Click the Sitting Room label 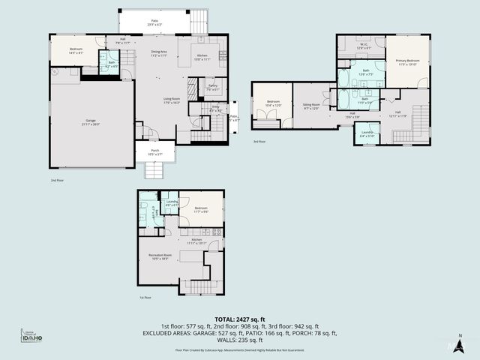(311, 106)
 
